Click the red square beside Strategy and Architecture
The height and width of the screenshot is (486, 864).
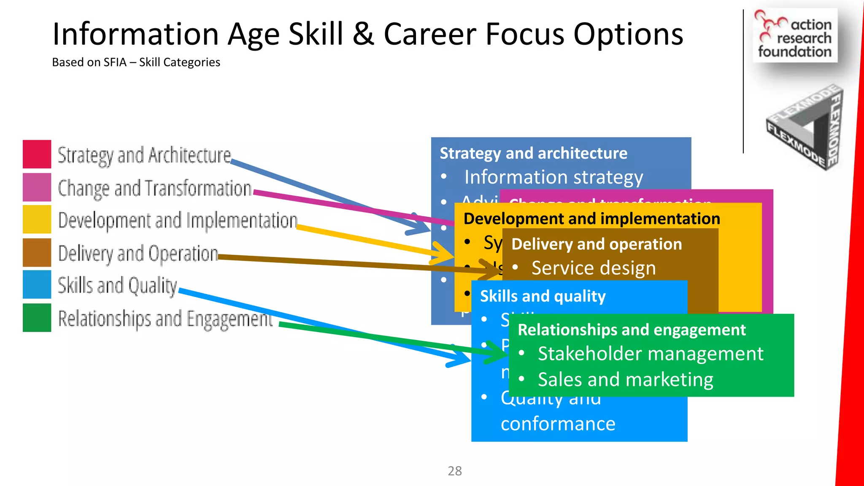pyautogui.click(x=37, y=154)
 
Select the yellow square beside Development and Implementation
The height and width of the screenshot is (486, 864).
pyautogui.click(x=37, y=219)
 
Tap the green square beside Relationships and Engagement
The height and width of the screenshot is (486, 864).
pyautogui.click(x=37, y=318)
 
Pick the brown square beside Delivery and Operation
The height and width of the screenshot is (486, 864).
pyautogui.click(x=37, y=252)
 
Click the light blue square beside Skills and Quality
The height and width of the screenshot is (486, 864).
pyautogui.click(x=37, y=284)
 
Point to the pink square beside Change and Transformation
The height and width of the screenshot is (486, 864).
pyautogui.click(x=37, y=187)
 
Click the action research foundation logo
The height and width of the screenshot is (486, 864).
pyautogui.click(x=795, y=36)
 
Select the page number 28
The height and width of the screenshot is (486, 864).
pyautogui.click(x=454, y=471)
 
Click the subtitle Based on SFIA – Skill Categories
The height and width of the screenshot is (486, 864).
pyautogui.click(x=136, y=62)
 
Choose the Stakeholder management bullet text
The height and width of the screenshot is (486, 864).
pyautogui.click(x=650, y=354)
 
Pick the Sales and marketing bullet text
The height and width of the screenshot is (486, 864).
pyautogui.click(x=625, y=380)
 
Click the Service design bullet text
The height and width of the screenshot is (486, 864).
pyautogui.click(x=594, y=268)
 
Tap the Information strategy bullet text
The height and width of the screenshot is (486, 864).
pyautogui.click(x=553, y=177)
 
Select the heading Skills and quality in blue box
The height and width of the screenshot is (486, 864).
pyautogui.click(x=543, y=296)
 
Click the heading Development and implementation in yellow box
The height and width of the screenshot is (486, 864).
pyautogui.click(x=591, y=219)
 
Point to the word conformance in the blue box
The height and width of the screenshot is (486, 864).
pyautogui.click(x=558, y=424)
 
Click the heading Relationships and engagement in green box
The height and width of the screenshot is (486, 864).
pyautogui.click(x=632, y=329)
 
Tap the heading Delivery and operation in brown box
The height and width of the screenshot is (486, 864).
pyautogui.click(x=596, y=244)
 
